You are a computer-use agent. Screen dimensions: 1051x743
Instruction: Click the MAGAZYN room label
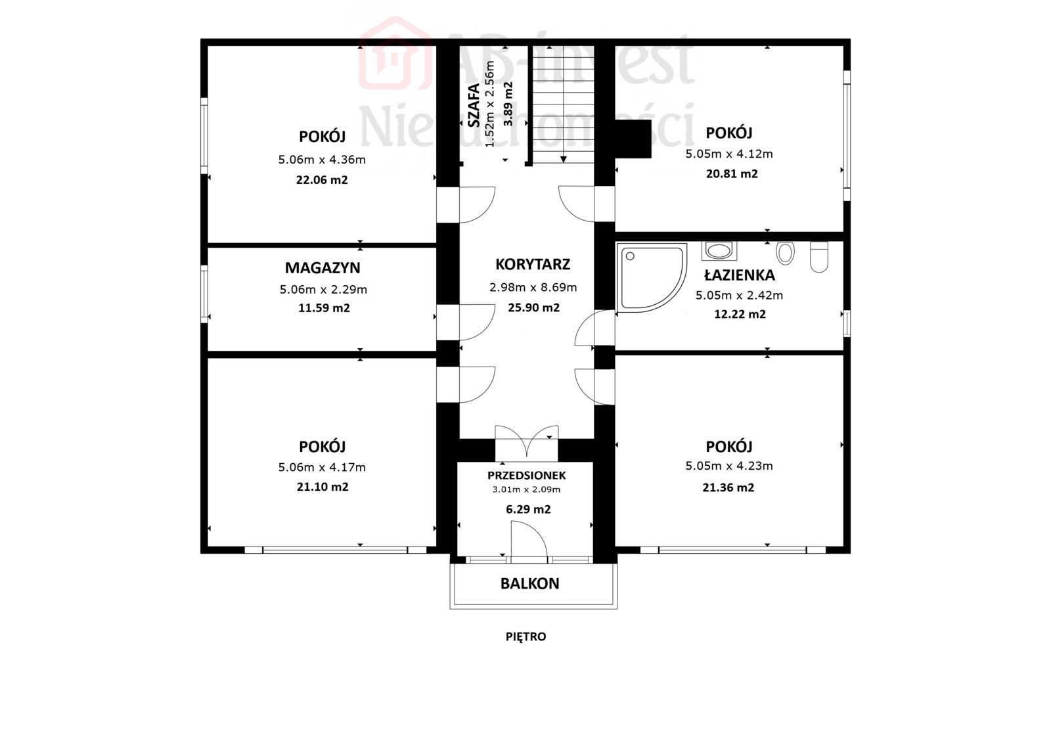pos(323,268)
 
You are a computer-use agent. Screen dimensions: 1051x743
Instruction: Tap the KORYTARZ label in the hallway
pos(533,264)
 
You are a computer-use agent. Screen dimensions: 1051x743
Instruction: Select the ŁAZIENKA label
pos(740,275)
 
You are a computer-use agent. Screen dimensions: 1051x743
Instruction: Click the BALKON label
pos(529,583)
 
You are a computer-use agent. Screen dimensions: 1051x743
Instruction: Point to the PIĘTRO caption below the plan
pos(526,637)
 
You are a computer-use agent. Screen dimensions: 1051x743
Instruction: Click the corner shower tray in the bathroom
pos(651,277)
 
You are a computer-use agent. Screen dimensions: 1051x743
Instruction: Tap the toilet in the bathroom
pos(819,257)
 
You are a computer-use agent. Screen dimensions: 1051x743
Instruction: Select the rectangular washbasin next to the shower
pos(719,251)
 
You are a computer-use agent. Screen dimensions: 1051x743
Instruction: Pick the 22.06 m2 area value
pos(322,180)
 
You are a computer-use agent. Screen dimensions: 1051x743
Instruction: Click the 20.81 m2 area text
pos(732,174)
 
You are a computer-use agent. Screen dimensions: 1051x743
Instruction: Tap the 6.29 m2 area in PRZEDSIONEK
pos(528,509)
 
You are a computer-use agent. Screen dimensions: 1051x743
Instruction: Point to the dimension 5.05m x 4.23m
pos(729,466)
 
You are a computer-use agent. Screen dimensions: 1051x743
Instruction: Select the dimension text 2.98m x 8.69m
pos(533,287)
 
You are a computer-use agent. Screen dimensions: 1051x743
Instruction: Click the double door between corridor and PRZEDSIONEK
pos(527,441)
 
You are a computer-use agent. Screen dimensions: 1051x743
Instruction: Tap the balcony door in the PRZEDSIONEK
pos(529,541)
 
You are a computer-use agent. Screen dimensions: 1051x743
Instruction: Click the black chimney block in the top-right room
pos(633,139)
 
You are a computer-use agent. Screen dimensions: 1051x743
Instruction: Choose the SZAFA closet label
pos(474,105)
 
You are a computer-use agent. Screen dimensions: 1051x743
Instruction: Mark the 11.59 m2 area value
pos(324,308)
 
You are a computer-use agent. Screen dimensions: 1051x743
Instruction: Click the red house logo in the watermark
pos(395,53)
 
